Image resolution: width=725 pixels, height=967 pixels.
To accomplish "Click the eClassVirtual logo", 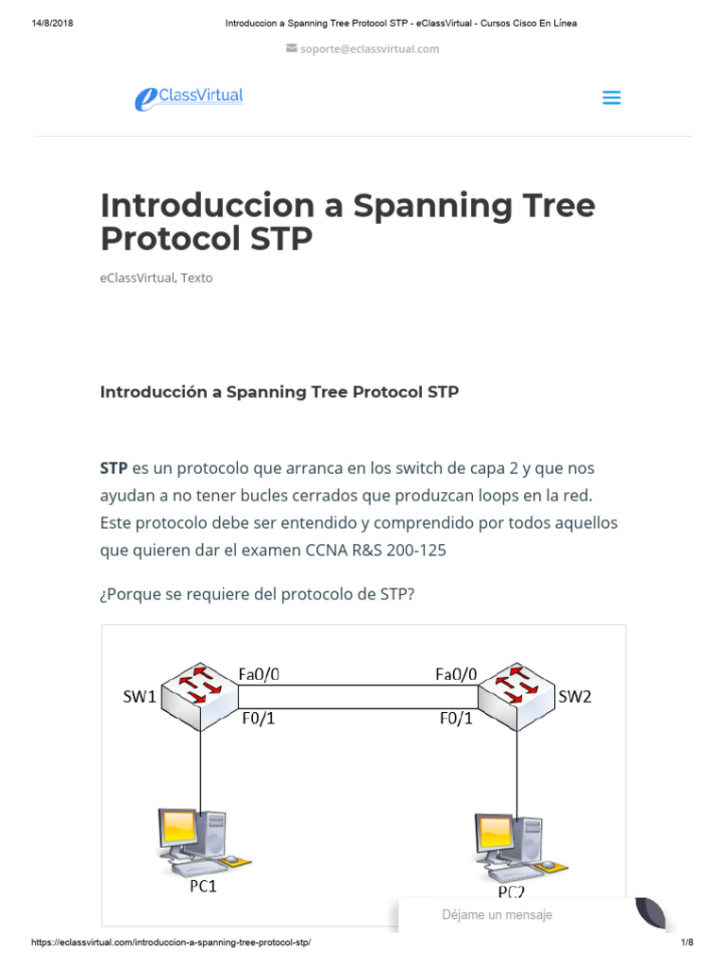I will point(189,97).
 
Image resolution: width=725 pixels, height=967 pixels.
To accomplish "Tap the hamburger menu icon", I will point(612,97).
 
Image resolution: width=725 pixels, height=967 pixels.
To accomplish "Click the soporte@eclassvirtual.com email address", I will point(369,49).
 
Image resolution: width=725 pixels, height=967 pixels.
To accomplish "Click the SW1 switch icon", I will point(199,692).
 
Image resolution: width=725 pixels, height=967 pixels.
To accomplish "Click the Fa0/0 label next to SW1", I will point(259,674).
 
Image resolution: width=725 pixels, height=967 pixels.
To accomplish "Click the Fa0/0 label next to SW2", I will point(456,674).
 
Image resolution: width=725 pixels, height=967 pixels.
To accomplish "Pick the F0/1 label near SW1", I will point(259,718).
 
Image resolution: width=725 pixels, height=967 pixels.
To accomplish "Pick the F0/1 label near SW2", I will point(458,718).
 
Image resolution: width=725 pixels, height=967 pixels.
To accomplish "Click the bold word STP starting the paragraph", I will point(114,468).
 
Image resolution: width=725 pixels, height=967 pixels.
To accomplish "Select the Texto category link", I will point(196,278).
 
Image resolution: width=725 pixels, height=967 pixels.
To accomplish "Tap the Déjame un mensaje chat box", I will point(497,914).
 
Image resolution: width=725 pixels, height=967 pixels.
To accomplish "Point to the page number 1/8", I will point(686,942).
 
